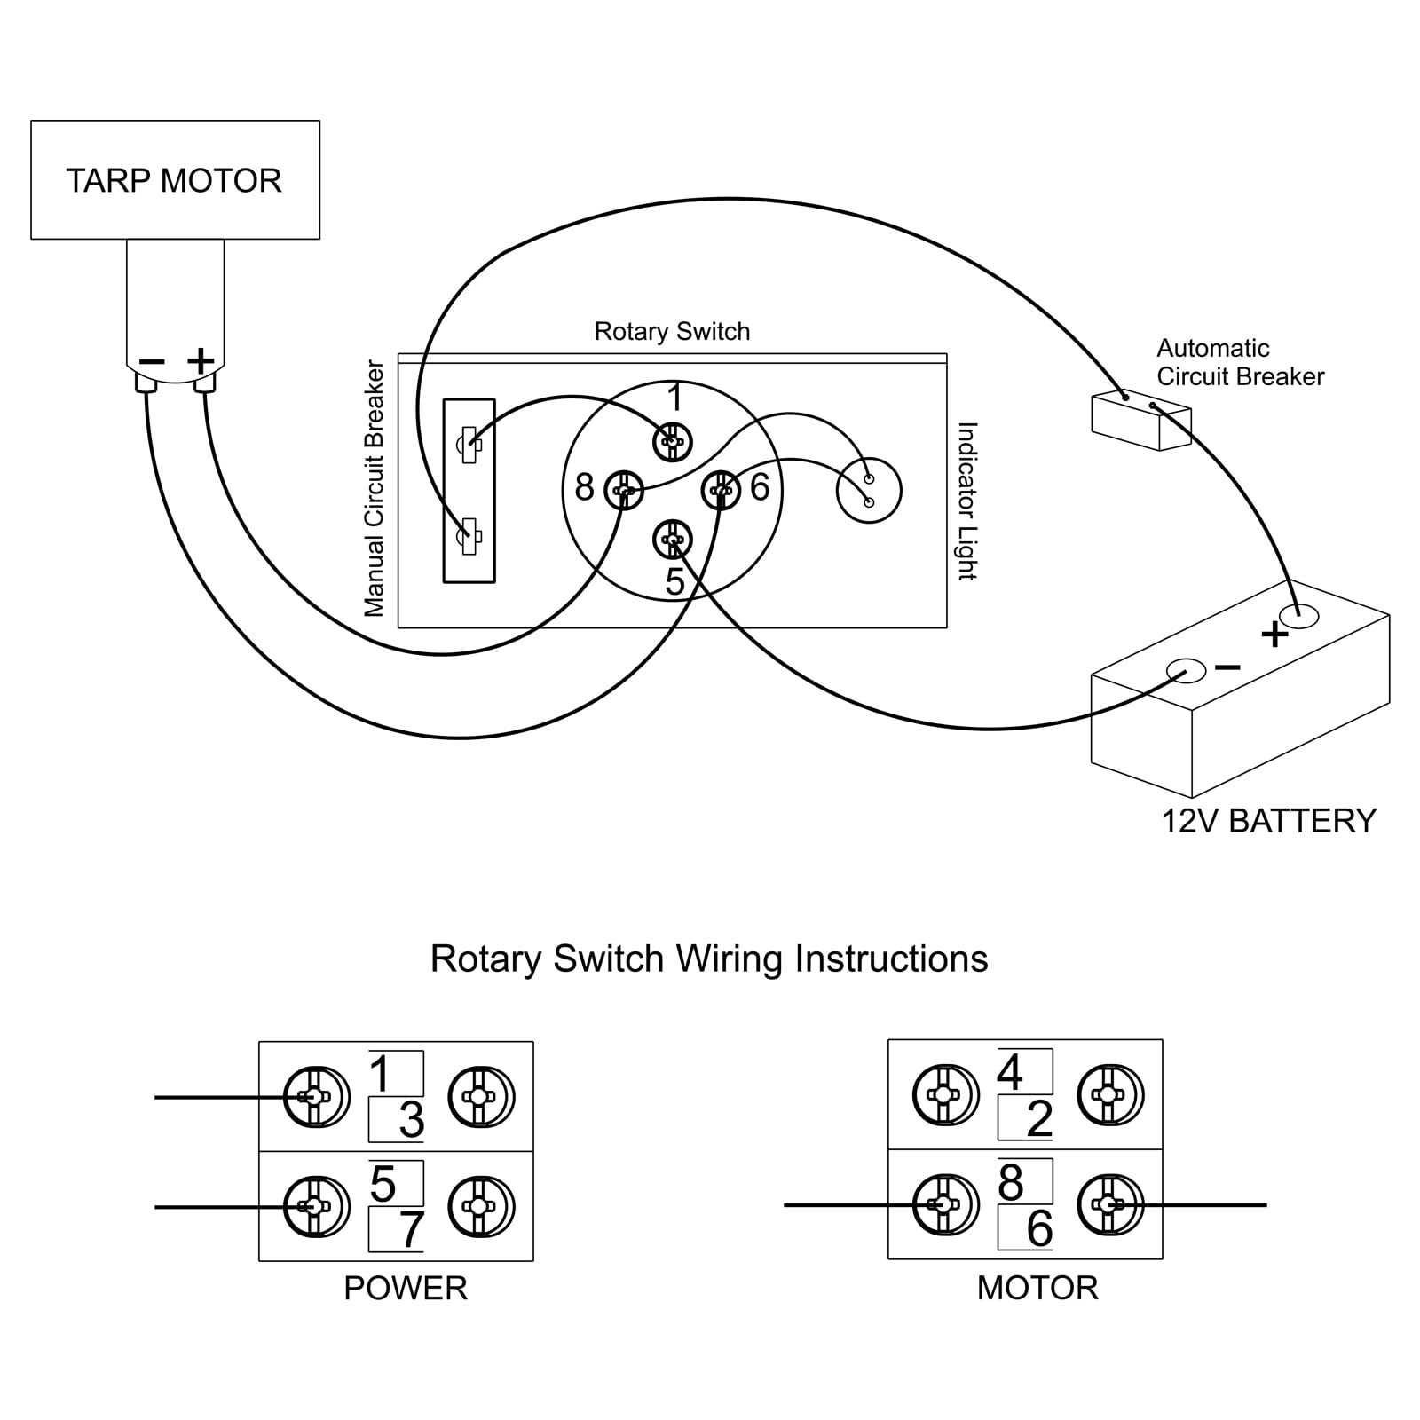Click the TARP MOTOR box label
(174, 181)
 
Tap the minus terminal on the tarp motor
(146, 383)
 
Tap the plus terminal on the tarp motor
(205, 383)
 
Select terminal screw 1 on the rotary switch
(673, 441)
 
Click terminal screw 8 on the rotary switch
(624, 490)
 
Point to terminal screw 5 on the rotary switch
(673, 539)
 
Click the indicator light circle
(869, 491)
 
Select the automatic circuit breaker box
(1140, 421)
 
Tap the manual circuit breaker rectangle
(469, 490)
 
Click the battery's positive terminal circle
(1298, 616)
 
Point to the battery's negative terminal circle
(1185, 671)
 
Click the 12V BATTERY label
(1269, 821)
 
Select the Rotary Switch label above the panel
(672, 331)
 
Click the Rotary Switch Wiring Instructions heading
(709, 959)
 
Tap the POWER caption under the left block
(406, 1288)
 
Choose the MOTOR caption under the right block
(1037, 1288)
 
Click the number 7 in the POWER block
(410, 1230)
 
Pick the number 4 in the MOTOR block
(1010, 1072)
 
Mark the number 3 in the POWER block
(411, 1120)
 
